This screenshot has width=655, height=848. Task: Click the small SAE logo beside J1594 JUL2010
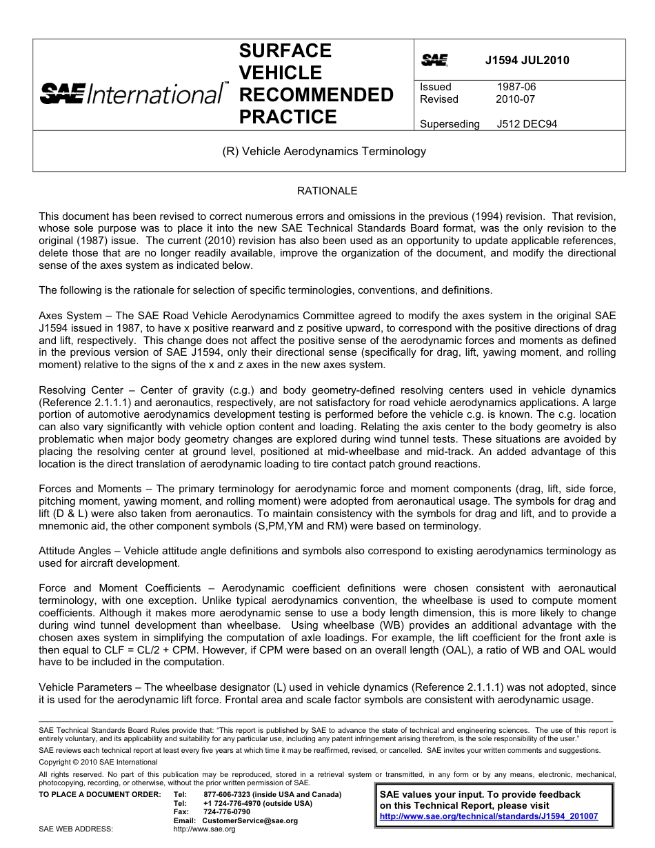coord(434,60)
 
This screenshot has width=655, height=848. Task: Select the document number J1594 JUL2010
coord(527,60)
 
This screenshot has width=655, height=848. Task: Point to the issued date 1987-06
coord(516,87)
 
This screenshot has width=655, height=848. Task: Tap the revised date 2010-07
coord(515,99)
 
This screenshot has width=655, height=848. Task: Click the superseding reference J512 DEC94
coord(527,124)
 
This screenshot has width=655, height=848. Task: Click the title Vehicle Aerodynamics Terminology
coord(324,151)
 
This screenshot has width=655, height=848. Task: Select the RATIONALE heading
coord(327,191)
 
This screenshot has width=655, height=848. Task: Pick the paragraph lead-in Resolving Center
coord(81,390)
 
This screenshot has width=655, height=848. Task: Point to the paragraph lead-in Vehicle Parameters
coord(85,687)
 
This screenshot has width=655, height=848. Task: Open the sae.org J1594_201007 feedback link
coord(489,816)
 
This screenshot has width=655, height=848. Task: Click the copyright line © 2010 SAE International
coord(98,762)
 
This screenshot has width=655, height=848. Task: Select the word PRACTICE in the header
coord(288,117)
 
